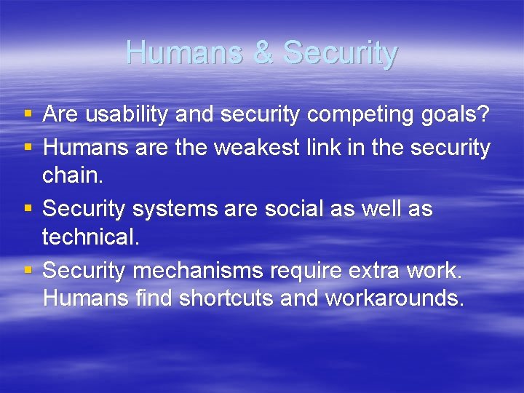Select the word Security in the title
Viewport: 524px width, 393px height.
[x=340, y=53]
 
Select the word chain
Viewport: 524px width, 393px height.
[x=72, y=175]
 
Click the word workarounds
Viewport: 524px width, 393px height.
[x=394, y=298]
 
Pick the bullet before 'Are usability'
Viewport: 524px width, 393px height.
[x=28, y=114]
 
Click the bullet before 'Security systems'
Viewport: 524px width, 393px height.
[x=28, y=210]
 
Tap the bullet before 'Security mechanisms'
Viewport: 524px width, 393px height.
[x=28, y=271]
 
